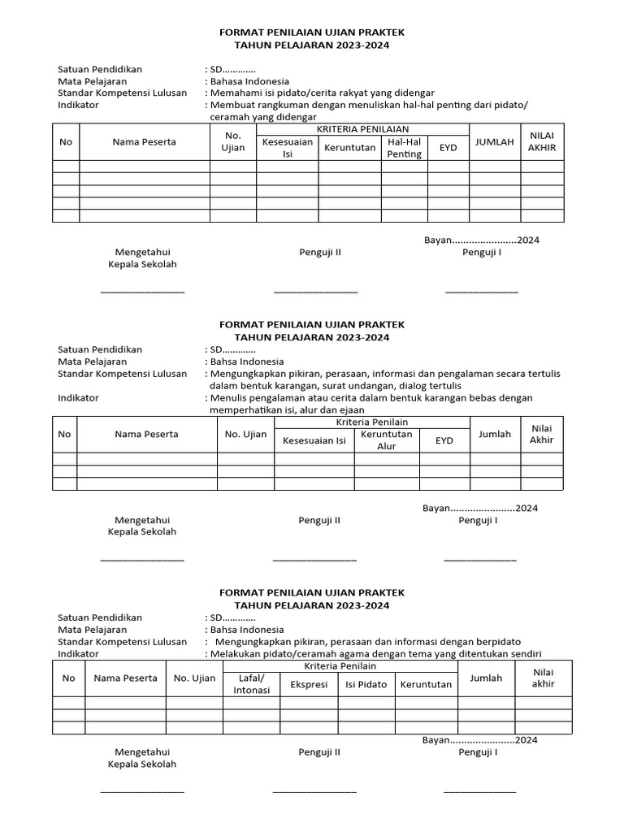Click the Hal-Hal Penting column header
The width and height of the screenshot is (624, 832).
pos(405,148)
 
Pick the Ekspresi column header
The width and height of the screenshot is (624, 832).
pos(309,684)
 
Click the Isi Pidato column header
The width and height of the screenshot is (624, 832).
pos(366,684)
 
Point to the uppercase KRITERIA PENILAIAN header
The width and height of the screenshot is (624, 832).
pos(363,129)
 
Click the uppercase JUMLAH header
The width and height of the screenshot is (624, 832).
pos(494,141)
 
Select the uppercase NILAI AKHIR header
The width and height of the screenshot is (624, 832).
pos(541,141)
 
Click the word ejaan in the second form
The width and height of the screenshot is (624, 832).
pos(350,409)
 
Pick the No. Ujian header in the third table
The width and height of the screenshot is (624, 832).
pos(194,678)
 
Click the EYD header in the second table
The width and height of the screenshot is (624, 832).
pos(444,440)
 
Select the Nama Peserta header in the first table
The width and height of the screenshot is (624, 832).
pos(144,141)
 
